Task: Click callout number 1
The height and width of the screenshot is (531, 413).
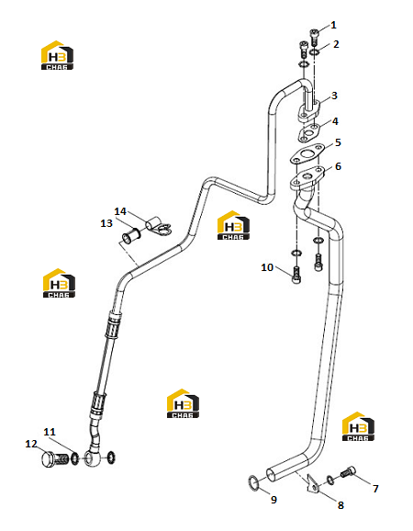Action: [x=333, y=25]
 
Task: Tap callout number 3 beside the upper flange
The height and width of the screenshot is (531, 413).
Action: [x=334, y=96]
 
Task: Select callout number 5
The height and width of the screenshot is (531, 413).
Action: [x=338, y=142]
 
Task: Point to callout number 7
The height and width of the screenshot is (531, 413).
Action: [x=375, y=489]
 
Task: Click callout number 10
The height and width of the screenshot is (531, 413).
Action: [x=267, y=267]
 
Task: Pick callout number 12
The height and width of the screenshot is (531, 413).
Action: [x=31, y=444]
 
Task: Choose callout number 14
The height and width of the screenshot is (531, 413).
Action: [x=120, y=211]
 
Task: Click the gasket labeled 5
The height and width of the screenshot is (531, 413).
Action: [x=307, y=154]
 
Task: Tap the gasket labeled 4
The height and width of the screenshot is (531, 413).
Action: [x=308, y=132]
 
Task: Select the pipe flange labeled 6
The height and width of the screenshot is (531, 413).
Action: [x=307, y=177]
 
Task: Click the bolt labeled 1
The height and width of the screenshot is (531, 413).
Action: [x=314, y=38]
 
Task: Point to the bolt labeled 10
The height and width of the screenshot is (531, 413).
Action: [x=296, y=275]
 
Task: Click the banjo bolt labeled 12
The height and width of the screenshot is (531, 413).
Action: [x=55, y=459]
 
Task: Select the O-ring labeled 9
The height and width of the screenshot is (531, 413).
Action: [x=254, y=482]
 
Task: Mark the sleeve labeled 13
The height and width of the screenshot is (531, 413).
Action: [x=131, y=236]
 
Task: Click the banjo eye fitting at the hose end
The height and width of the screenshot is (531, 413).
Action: [x=92, y=458]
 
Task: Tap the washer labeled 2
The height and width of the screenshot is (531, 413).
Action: [x=315, y=52]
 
